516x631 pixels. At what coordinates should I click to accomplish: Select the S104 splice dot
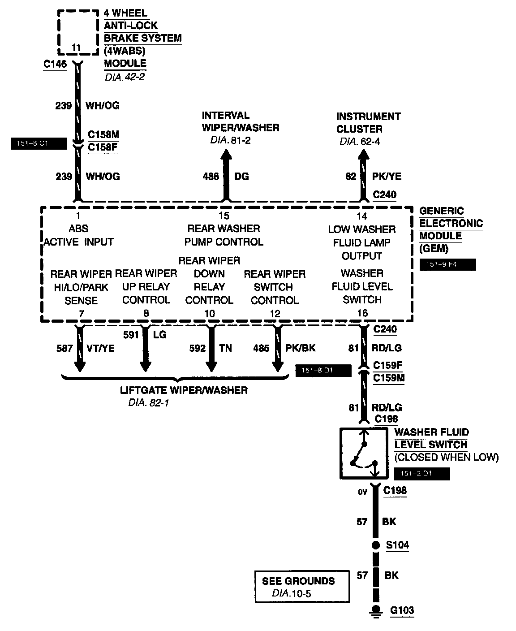pyautogui.click(x=375, y=545)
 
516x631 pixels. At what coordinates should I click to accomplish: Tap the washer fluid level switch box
pyautogui.click(x=363, y=453)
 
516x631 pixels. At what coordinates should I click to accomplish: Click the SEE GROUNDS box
pyautogui.click(x=302, y=587)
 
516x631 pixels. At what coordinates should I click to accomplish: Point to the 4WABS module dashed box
pyautogui.click(x=77, y=31)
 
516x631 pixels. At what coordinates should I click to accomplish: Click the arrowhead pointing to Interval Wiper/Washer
pyautogui.click(x=226, y=155)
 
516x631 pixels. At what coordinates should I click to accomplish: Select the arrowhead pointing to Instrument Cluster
pyautogui.click(x=363, y=155)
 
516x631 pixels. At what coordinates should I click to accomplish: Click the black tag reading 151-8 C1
pyautogui.click(x=38, y=144)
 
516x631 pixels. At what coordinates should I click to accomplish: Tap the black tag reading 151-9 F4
pyautogui.click(x=447, y=265)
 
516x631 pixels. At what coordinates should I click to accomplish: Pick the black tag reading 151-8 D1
pyautogui.click(x=323, y=371)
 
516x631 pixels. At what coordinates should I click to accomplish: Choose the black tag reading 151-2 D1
pyautogui.click(x=422, y=474)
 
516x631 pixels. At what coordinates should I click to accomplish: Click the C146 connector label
pyautogui.click(x=55, y=65)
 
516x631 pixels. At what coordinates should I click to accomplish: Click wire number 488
pyautogui.click(x=211, y=177)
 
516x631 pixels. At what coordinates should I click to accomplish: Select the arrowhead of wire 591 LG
pyautogui.click(x=146, y=366)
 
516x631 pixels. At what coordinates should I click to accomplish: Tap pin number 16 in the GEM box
pyautogui.click(x=362, y=314)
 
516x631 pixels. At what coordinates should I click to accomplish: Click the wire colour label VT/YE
pyautogui.click(x=100, y=348)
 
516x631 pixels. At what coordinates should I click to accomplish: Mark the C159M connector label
pyautogui.click(x=389, y=378)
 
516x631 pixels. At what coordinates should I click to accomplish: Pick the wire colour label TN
pyautogui.click(x=225, y=348)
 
